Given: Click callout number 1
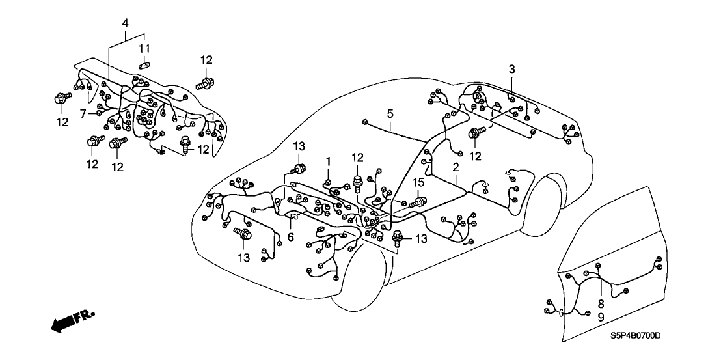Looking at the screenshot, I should coord(329,161).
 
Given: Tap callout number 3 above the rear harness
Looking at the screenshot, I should coord(512,69).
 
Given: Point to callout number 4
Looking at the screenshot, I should coord(126,23).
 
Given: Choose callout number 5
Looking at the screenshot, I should coord(389,113).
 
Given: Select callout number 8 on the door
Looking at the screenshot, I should coord(601,302).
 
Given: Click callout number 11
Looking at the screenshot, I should coord(146,48).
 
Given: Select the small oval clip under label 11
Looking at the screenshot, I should coord(145,64).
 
